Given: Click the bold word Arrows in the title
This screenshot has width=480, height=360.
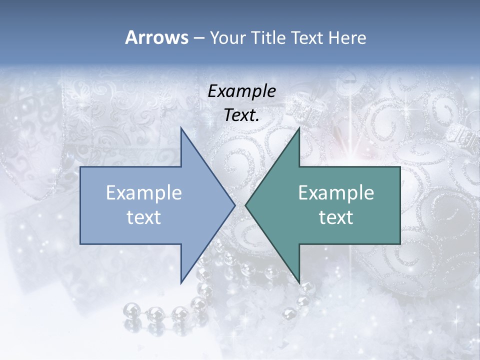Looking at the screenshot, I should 156,37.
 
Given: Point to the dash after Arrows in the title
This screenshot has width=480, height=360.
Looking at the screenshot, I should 198,38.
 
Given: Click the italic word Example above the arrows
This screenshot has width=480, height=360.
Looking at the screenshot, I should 242,91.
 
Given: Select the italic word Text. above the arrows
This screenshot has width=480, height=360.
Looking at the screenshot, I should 242,115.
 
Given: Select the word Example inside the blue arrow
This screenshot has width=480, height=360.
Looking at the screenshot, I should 144,193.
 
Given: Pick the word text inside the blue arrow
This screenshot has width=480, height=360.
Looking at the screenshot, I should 144,217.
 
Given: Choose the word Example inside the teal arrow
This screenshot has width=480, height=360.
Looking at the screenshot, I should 336,193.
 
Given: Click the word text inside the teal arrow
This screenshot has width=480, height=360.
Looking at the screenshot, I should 336,217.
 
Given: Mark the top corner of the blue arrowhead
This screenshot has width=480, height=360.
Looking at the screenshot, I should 181,128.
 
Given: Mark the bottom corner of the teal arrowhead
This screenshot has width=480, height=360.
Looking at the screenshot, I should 299,282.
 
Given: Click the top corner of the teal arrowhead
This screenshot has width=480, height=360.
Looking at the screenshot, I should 299,128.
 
